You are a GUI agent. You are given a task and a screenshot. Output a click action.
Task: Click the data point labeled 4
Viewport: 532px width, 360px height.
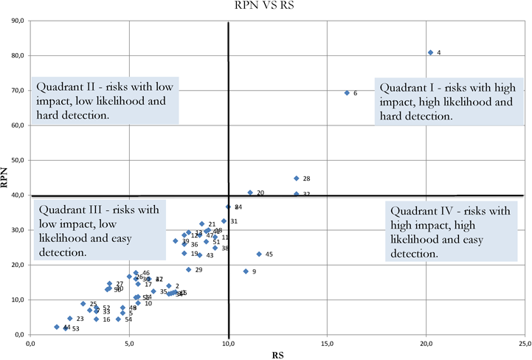pyautogui.click(x=430, y=52)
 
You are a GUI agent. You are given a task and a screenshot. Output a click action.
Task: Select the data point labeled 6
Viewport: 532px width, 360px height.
pyautogui.click(x=347, y=93)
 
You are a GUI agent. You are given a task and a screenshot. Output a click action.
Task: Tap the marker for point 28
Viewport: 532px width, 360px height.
pyautogui.click(x=296, y=179)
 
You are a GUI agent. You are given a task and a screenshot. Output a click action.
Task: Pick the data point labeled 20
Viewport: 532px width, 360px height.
pyautogui.click(x=250, y=193)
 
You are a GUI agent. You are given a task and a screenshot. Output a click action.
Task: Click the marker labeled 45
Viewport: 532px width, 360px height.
pyautogui.click(x=259, y=254)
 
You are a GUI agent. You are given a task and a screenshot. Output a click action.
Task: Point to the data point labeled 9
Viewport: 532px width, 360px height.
pyautogui.click(x=246, y=271)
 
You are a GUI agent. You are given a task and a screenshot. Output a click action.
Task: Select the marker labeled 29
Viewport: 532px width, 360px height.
pyautogui.click(x=188, y=269)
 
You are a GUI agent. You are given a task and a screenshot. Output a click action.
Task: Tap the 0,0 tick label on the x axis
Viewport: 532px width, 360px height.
pyautogui.click(x=30, y=343)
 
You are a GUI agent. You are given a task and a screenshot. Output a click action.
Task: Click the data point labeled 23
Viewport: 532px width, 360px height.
pyautogui.click(x=69, y=319)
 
